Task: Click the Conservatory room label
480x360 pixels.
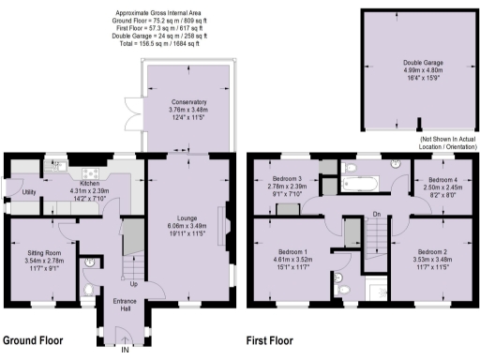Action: (x=189, y=101)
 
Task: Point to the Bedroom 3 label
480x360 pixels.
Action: (x=287, y=178)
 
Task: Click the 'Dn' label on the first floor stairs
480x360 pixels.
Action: (x=377, y=215)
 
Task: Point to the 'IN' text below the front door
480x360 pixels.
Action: (x=124, y=352)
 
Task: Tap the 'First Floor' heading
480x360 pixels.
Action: (x=269, y=341)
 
